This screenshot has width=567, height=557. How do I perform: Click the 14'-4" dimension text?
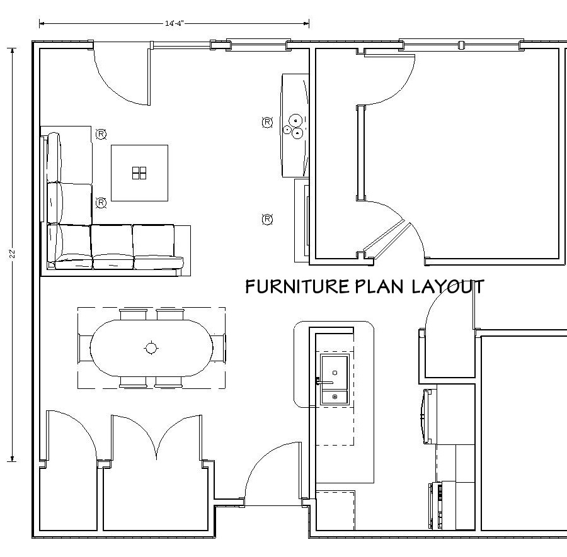click(175, 23)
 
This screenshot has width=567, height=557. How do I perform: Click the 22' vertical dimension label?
click(13, 254)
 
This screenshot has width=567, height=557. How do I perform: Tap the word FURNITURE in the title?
click(297, 286)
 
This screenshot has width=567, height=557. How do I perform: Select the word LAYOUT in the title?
click(448, 286)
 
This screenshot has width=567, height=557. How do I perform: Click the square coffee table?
click(139, 173)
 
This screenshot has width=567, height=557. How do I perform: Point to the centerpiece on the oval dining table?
click(151, 348)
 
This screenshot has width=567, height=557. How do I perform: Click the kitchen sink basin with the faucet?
click(335, 372)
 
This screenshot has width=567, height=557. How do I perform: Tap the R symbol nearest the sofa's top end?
click(101, 134)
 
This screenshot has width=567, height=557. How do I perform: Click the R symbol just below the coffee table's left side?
click(101, 203)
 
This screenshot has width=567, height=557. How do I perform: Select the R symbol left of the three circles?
click(267, 123)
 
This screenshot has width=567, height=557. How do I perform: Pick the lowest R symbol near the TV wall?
click(267, 219)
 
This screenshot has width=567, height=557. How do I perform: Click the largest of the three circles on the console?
click(296, 120)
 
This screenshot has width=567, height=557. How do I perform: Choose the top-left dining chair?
click(134, 314)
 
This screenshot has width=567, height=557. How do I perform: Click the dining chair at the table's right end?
click(219, 348)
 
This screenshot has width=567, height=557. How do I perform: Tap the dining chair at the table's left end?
click(85, 348)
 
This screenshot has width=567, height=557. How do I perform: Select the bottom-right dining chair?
click(168, 381)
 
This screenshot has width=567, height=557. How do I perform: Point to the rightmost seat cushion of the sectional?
click(156, 246)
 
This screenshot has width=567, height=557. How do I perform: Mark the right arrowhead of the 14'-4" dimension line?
click(306, 24)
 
